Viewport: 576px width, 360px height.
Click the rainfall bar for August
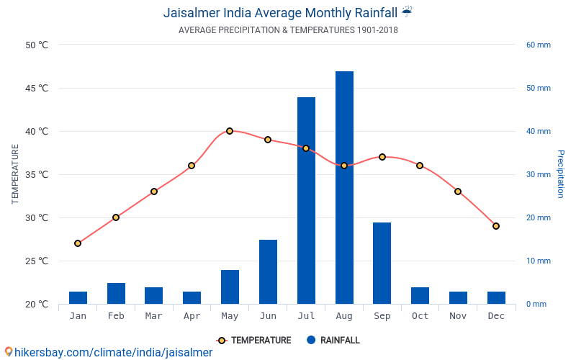(x=344, y=187)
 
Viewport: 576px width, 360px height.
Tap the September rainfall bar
(x=382, y=263)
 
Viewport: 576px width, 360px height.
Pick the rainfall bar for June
(x=268, y=271)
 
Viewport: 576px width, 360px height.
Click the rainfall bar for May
(x=230, y=287)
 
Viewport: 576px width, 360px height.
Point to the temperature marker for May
(x=230, y=131)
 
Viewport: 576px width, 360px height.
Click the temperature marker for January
(x=78, y=243)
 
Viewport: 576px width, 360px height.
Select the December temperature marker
(x=496, y=226)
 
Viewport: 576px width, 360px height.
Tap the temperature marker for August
(x=344, y=166)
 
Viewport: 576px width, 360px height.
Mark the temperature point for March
(x=154, y=192)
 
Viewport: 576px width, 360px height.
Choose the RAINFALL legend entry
(x=333, y=341)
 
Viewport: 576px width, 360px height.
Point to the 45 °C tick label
(x=37, y=89)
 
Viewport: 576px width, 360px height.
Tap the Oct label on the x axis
(x=420, y=316)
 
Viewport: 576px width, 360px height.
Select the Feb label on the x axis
(x=116, y=316)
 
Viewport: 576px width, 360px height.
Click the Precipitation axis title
(x=561, y=174)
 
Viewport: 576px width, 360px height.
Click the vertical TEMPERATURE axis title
(x=15, y=174)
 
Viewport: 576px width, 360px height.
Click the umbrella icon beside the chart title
(x=408, y=12)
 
